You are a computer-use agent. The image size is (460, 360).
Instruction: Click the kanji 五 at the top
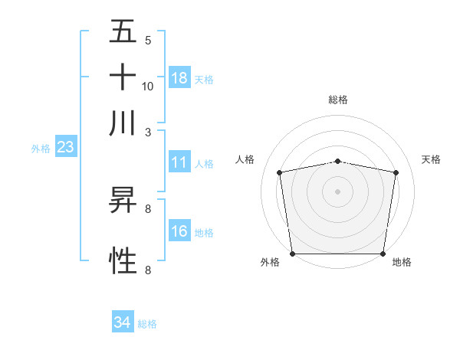point(123,31)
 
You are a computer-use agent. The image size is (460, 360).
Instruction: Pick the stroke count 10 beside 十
point(148,86)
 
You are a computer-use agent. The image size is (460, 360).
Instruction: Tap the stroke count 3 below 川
point(148,132)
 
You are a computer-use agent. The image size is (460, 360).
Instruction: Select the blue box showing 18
point(179,77)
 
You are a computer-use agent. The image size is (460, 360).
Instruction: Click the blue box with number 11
point(179,162)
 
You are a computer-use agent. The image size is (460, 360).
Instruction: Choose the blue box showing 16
point(179,231)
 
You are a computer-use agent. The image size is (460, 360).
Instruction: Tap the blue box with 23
point(64,147)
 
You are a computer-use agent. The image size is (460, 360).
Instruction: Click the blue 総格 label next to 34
point(147,324)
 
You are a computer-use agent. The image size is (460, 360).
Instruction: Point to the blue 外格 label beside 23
point(40,149)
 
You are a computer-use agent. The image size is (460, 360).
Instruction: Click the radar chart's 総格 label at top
point(338,100)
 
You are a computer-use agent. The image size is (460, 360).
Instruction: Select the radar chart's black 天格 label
point(431,159)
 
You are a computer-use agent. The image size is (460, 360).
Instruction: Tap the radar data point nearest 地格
point(383,254)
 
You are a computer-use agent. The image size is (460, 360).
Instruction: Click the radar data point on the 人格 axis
point(280,172)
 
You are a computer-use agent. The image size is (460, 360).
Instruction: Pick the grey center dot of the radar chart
point(338,191)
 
